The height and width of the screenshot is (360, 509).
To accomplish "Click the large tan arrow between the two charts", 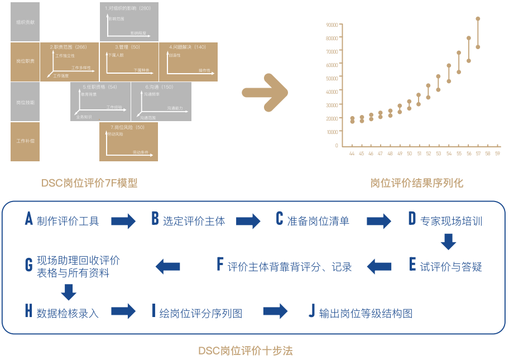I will [x=265, y=91].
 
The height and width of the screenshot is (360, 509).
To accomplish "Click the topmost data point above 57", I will [x=478, y=18].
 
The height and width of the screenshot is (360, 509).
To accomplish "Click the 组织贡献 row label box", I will [x=25, y=22].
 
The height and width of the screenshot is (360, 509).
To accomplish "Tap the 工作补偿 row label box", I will [x=25, y=141].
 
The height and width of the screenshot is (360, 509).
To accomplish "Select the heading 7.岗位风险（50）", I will [x=128, y=127].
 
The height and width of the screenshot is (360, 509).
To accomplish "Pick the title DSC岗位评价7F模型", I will [x=89, y=183].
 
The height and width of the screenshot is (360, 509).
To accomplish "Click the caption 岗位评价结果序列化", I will [x=416, y=183].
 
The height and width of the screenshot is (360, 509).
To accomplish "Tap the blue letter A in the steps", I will [x=29, y=219].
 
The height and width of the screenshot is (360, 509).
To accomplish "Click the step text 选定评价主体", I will [x=194, y=221].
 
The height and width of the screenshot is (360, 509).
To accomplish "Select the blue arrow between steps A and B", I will [x=123, y=221].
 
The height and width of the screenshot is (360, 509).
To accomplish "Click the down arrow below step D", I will [x=448, y=242].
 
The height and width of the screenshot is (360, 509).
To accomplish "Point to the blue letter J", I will [x=311, y=311].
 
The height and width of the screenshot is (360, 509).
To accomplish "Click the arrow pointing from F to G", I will [x=167, y=266].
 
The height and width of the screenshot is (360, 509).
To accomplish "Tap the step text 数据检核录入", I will [x=68, y=313].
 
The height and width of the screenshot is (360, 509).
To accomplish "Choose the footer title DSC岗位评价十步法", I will [x=246, y=351].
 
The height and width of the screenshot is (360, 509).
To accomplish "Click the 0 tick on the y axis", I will [x=337, y=145].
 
